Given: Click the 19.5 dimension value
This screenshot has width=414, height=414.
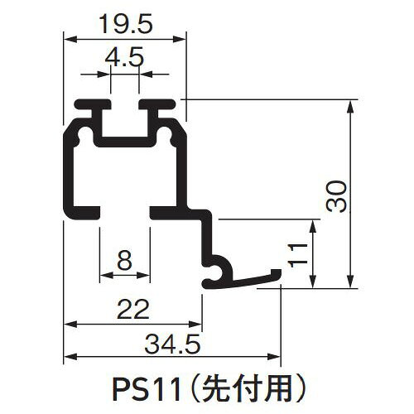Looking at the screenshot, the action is click(x=126, y=24).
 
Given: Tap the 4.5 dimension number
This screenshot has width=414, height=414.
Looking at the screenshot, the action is click(x=124, y=57).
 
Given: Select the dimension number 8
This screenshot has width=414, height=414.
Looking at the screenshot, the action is click(x=124, y=261).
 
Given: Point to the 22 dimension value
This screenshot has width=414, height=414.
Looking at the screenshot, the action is click(x=132, y=310).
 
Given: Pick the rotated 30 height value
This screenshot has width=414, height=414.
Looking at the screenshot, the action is click(x=336, y=196).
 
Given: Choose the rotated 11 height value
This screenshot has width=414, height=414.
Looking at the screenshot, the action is click(x=297, y=256).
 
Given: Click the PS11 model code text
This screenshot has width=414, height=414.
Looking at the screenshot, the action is click(x=147, y=391).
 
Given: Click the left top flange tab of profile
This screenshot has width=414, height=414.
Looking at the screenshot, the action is click(x=93, y=104).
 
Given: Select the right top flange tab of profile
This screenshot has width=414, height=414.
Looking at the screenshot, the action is click(x=157, y=104).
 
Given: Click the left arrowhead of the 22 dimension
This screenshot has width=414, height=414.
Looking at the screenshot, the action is click(x=70, y=325).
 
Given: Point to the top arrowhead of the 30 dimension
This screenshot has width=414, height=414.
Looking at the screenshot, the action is click(x=350, y=106).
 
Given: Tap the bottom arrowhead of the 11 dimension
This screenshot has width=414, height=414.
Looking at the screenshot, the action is click(x=312, y=282).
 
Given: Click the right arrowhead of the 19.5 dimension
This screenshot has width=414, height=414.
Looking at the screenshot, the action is click(x=180, y=40).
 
